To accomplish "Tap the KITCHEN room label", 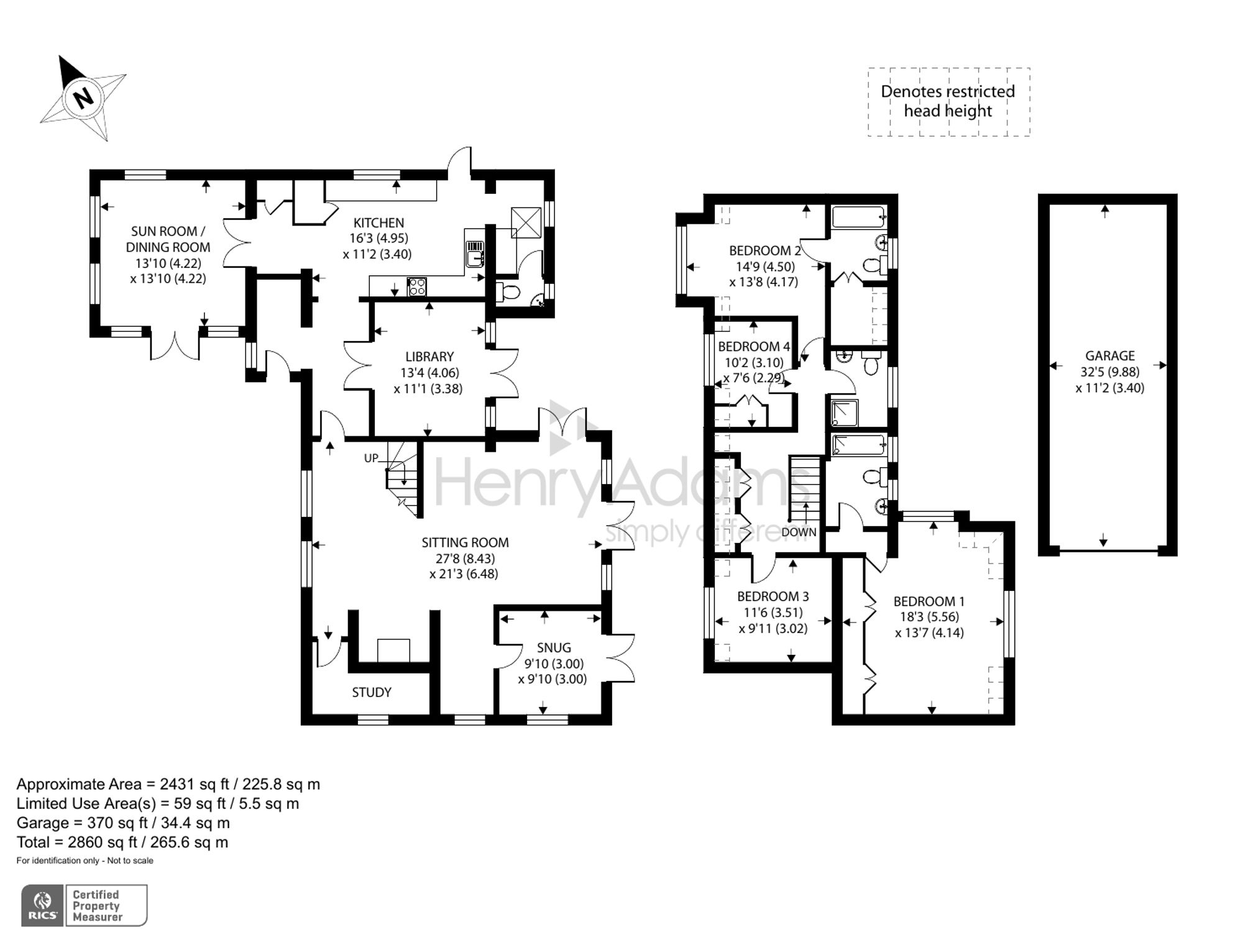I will pyautogui.click(x=378, y=222).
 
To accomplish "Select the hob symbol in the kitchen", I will pyautogui.click(x=416, y=287).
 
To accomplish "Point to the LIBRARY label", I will pyautogui.click(x=429, y=357).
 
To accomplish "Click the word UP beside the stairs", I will pyautogui.click(x=371, y=459).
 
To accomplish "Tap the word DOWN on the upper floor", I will pyautogui.click(x=799, y=532).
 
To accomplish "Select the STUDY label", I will pyautogui.click(x=372, y=692).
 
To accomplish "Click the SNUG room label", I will pyautogui.click(x=553, y=647).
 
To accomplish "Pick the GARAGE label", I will pyautogui.click(x=1110, y=356).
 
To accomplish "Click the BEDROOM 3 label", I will pyautogui.click(x=773, y=596).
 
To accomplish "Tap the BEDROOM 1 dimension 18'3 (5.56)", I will pyautogui.click(x=929, y=617).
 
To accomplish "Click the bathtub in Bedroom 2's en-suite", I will pyautogui.click(x=858, y=218).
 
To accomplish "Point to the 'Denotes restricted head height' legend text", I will pyautogui.click(x=948, y=101).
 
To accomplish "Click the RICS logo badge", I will pyautogui.click(x=43, y=906).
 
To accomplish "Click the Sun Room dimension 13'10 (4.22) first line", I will pyautogui.click(x=168, y=263).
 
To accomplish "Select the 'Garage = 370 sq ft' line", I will pyautogui.click(x=123, y=823).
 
